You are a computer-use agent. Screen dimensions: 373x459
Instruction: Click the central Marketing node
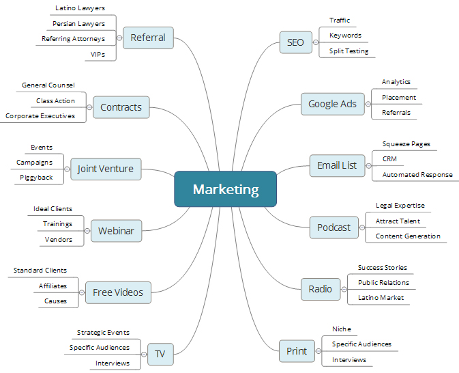pos(225,189)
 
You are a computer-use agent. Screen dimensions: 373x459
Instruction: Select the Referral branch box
pos(148,38)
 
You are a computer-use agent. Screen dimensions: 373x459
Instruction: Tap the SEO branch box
pos(295,42)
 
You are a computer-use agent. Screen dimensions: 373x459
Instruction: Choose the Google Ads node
pos(332,104)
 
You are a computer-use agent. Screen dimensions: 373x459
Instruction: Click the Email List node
pos(337,165)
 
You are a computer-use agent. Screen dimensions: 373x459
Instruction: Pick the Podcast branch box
pos(334,227)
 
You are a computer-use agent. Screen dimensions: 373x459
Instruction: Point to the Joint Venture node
pos(106,169)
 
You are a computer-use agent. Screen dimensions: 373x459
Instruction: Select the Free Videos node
pos(118,292)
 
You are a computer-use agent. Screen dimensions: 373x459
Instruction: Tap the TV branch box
pos(160,354)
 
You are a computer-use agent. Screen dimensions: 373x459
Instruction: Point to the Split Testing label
pos(348,51)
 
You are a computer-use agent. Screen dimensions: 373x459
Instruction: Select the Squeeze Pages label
pos(406,144)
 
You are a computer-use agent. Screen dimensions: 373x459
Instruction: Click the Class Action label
pos(56,101)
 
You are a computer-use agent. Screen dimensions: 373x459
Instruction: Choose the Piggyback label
pos(36,178)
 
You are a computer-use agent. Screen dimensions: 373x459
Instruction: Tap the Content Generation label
pos(408,236)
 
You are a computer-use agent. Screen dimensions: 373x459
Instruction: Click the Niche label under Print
pos(341,329)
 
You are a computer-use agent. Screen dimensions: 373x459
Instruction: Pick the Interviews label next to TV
pos(113,363)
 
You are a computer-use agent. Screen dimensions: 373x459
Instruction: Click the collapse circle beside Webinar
pos(87,231)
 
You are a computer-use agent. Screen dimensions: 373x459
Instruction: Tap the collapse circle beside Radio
pos(344,289)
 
